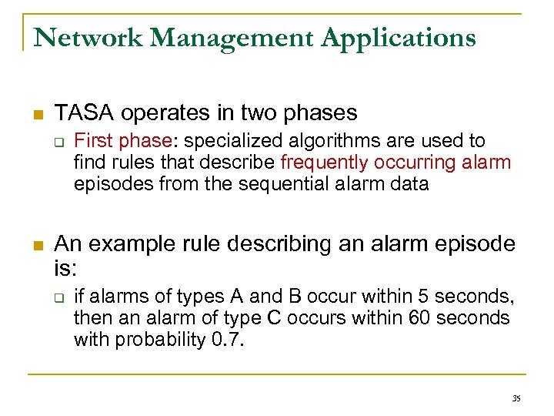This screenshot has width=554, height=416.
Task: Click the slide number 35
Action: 516,398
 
